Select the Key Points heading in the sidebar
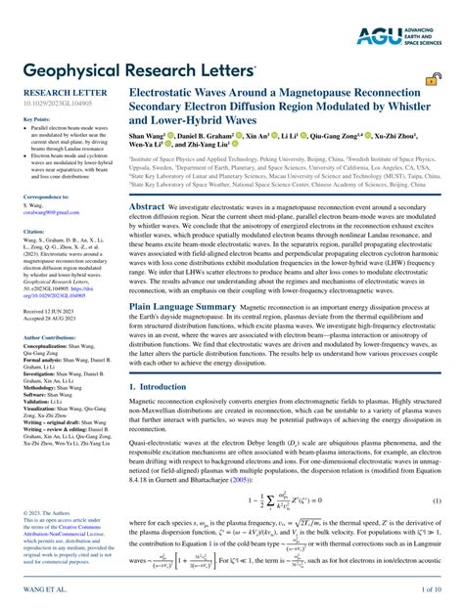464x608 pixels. coord(36,119)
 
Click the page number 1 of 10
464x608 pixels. coord(432,591)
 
